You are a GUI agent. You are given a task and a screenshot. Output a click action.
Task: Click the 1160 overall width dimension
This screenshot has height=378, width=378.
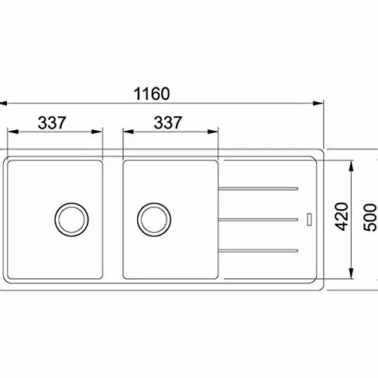tap(152, 94)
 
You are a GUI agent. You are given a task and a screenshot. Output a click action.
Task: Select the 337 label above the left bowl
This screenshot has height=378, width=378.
tap(52, 122)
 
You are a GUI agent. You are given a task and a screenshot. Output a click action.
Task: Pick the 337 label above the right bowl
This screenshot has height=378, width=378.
tap(168, 122)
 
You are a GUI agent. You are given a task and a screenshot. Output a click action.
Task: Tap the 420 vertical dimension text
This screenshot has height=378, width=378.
tap(342, 216)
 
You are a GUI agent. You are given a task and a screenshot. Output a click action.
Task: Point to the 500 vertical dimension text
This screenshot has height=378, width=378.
tap(369, 217)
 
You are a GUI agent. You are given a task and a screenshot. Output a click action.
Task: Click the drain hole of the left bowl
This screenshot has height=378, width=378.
tap(71, 219)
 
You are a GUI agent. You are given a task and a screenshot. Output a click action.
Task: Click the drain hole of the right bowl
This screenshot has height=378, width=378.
tap(154, 219)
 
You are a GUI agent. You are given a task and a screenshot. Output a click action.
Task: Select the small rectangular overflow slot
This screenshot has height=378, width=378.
tap(309, 219)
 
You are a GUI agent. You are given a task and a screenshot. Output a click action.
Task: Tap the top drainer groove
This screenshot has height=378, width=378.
tap(258, 189)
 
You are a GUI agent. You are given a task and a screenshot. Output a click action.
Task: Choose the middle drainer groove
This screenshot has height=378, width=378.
tap(258, 220)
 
